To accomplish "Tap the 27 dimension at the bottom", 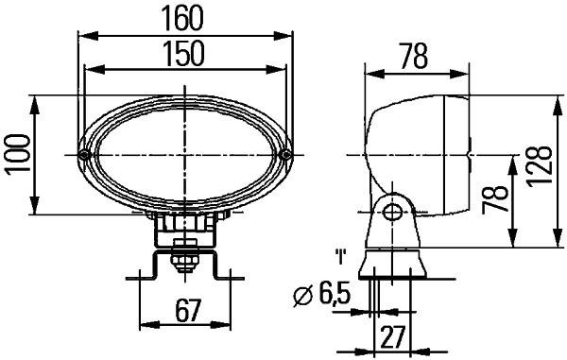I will point(395,336).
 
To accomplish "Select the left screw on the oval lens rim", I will point(85,154).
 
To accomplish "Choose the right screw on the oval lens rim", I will point(286,154).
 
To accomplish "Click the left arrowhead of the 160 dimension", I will point(82,35).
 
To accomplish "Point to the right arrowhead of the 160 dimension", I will point(287,35).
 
